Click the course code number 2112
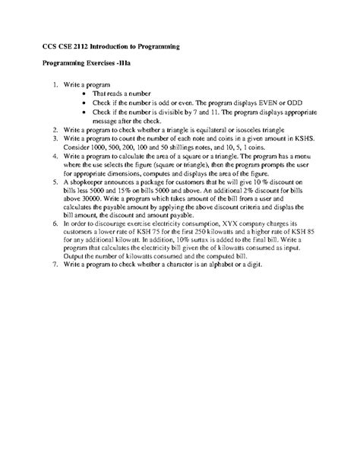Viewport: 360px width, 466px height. (92, 46)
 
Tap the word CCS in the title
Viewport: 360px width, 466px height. (51, 46)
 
